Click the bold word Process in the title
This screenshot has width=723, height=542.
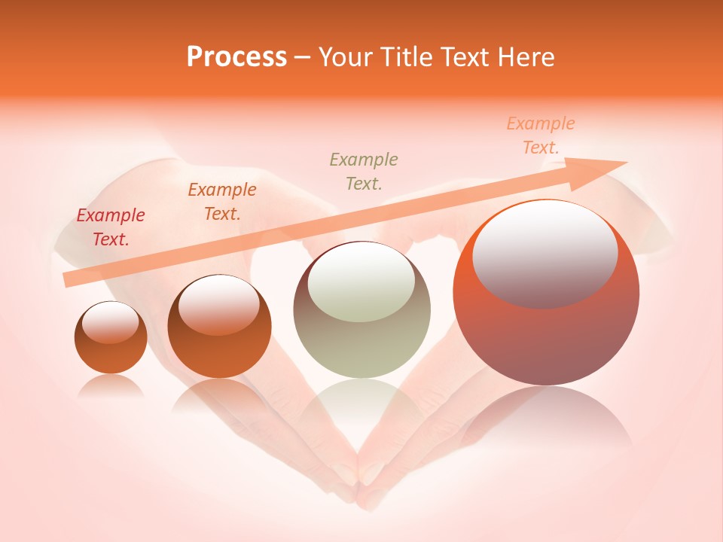coord(236,57)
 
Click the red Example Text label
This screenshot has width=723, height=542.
coord(111,227)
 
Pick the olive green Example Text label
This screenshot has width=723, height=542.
coord(364,171)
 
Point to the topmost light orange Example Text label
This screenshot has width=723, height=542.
coord(541,135)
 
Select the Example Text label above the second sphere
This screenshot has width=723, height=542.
coord(222,201)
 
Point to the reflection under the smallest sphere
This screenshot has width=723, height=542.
coord(111,385)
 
